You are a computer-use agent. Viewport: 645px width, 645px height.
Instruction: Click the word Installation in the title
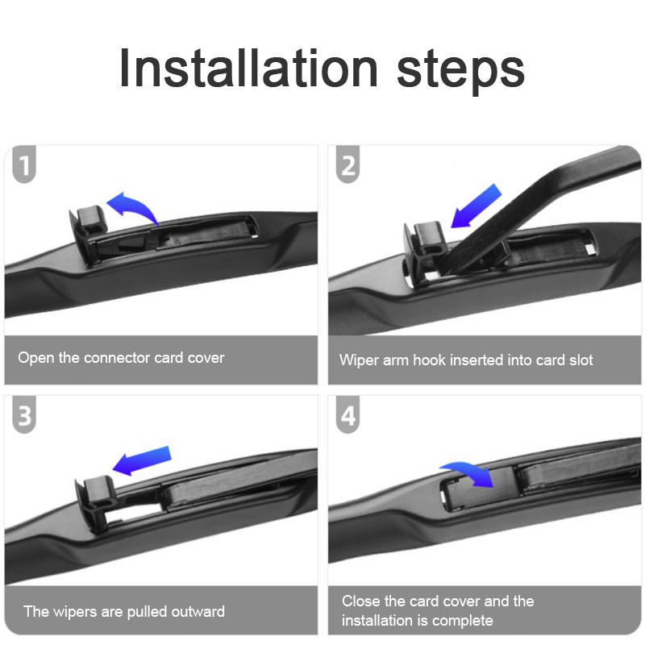pos(248,68)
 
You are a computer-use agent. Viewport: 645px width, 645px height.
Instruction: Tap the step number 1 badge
pos(24,164)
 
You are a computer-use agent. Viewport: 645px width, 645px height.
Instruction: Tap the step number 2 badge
pos(348,164)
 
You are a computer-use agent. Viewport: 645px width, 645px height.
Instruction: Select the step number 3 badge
pos(24,414)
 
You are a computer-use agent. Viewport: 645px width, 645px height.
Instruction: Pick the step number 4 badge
pos(348,414)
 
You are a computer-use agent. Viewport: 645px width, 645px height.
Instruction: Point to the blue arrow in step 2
pos(476,206)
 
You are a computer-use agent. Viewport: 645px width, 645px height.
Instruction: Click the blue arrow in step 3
pos(142,460)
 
